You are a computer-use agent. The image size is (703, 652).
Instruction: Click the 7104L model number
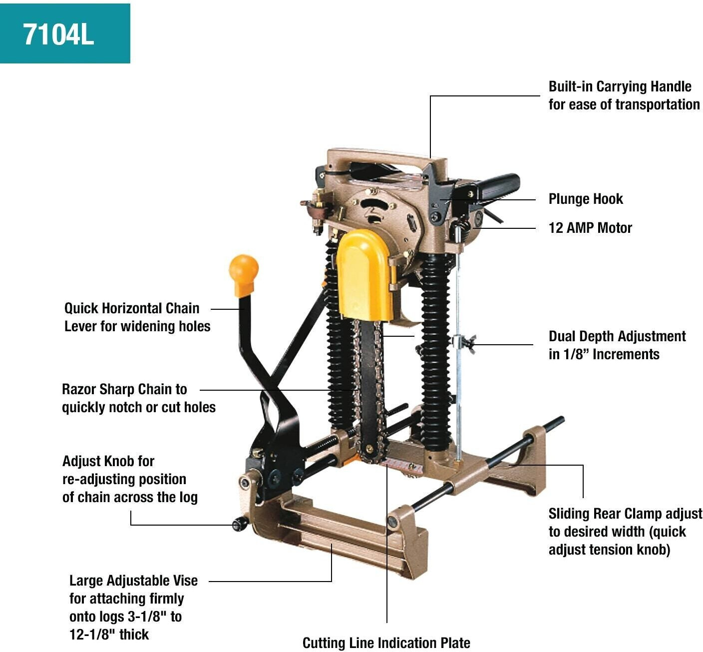tap(58, 35)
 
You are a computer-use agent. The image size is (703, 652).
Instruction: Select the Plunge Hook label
tap(586, 199)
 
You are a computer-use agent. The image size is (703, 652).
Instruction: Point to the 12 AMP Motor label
tap(590, 228)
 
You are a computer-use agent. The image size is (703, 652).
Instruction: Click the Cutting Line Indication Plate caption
tap(386, 643)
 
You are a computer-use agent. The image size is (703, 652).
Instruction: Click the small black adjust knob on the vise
tap(241, 524)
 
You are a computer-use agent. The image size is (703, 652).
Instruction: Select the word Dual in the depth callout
tap(562, 336)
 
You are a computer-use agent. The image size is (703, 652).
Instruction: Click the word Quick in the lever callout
tap(80, 308)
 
